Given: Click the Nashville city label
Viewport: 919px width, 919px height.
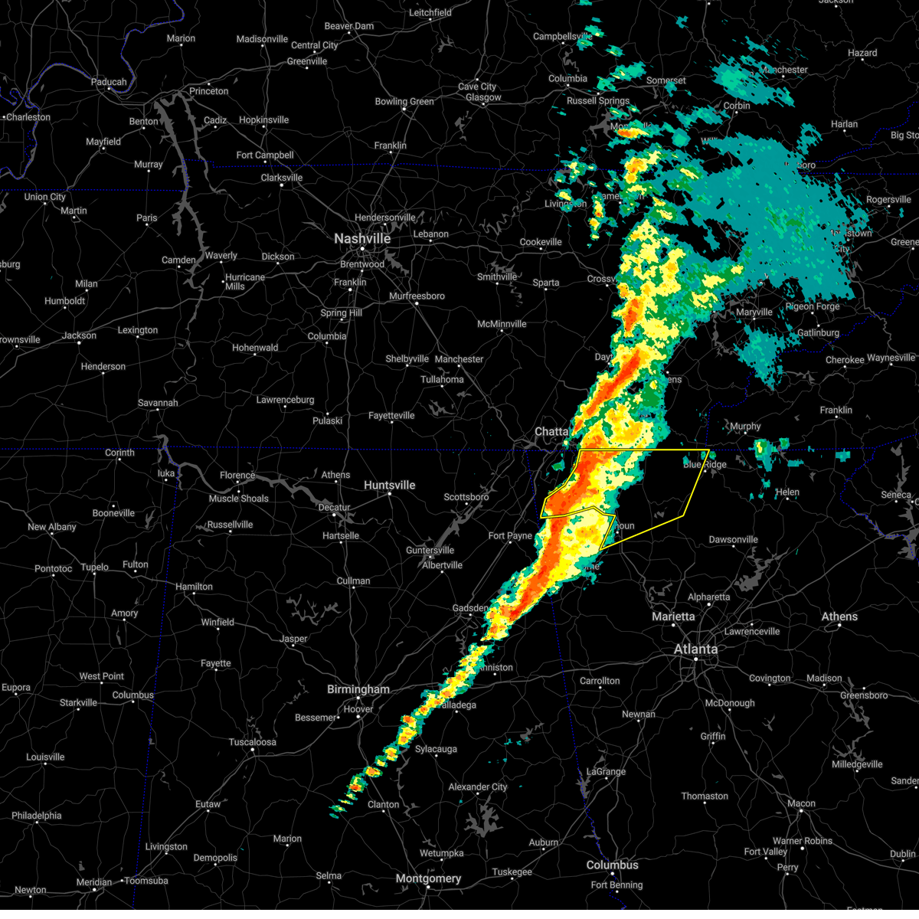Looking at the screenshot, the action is click(x=362, y=239).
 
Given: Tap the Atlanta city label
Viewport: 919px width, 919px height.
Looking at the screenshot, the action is click(x=695, y=649).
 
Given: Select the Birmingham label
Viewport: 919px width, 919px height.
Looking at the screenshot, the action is click(x=358, y=689).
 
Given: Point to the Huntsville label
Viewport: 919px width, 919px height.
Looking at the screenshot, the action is click(x=389, y=486).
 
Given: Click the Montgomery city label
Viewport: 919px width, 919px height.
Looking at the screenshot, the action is click(x=428, y=878).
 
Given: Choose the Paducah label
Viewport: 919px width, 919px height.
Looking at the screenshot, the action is click(x=109, y=82).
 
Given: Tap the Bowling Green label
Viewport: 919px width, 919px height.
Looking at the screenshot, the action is click(x=404, y=102).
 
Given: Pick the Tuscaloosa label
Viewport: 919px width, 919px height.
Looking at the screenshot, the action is click(x=252, y=742).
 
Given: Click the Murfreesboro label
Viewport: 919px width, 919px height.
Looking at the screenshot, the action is click(x=417, y=296).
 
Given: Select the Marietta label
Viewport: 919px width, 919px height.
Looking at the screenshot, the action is click(x=673, y=616).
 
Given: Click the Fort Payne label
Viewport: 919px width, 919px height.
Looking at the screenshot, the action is click(x=510, y=536).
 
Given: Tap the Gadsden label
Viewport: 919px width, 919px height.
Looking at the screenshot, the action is click(x=470, y=609).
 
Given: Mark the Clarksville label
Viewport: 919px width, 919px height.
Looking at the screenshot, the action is click(x=282, y=178).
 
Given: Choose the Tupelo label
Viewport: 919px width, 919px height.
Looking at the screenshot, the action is click(x=95, y=567).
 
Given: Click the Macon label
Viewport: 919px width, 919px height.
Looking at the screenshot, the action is click(x=801, y=803).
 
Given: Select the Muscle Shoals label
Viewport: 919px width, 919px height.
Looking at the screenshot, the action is click(x=239, y=499).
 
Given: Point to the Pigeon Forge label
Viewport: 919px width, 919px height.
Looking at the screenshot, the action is click(x=813, y=306).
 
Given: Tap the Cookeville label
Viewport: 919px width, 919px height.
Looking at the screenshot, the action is click(x=541, y=242).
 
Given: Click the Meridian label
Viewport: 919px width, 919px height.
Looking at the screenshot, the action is click(x=93, y=882).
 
